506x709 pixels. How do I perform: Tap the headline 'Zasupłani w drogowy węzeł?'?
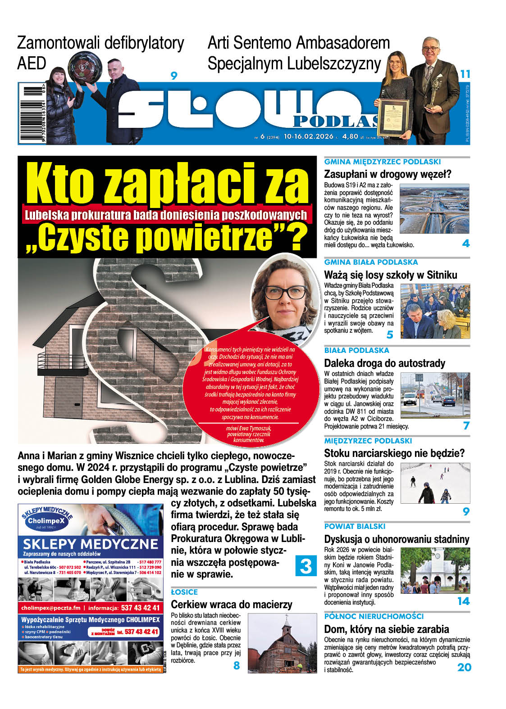click(387, 174)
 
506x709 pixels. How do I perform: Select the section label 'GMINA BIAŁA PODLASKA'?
click(371, 262)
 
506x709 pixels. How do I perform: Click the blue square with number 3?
click(306, 565)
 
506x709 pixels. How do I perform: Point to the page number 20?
click(464, 667)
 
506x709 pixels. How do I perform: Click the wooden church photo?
click(283, 643)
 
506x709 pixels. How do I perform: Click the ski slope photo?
click(435, 483)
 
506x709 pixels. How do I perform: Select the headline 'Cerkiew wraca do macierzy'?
click(232, 605)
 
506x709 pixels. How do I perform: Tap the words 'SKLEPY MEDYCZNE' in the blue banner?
click(91, 543)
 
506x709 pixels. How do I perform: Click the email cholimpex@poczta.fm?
click(50, 608)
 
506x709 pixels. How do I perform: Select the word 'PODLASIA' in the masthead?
click(336, 121)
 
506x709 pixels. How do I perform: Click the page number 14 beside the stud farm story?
click(463, 601)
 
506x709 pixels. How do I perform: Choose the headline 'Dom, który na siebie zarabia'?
click(386, 629)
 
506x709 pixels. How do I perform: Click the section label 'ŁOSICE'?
click(184, 592)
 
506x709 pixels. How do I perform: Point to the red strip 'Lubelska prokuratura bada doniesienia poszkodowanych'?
click(166, 215)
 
